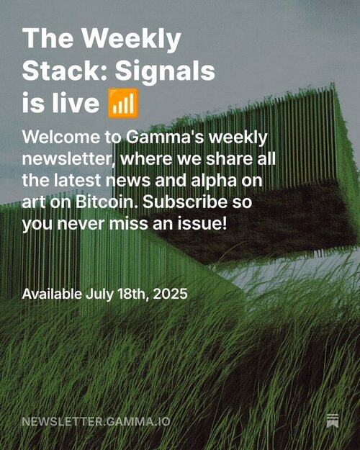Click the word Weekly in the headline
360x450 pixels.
pyautogui.click(x=132, y=40)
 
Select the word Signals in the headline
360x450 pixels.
pyautogui.click(x=165, y=72)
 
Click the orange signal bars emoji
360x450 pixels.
pyautogui.click(x=123, y=103)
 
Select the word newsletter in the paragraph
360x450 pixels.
pyautogui.click(x=67, y=159)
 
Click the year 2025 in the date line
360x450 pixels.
pyautogui.click(x=170, y=294)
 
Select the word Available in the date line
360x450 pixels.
pyautogui.click(x=52, y=294)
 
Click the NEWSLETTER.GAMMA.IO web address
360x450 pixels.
pyautogui.click(x=96, y=422)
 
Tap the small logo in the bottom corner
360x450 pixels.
pyautogui.click(x=333, y=421)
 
